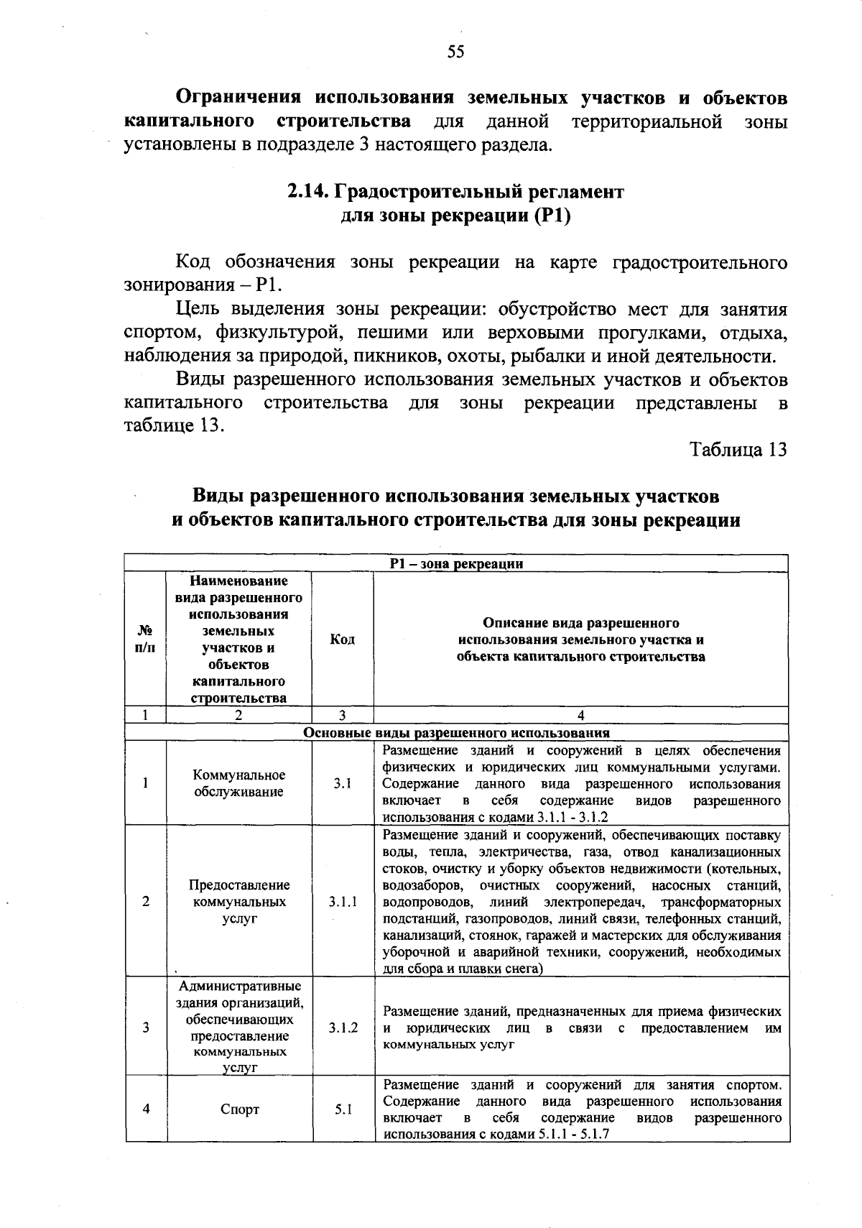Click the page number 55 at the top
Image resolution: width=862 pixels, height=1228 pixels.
pos(456,51)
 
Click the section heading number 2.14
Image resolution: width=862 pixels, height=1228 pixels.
pos(308,192)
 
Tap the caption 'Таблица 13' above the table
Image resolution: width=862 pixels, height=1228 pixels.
pos(738,449)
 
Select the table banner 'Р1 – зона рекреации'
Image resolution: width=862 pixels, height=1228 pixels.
pos(456,564)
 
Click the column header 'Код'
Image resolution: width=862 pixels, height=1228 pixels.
pos(342,640)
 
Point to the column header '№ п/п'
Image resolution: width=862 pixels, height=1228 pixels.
pos(145,640)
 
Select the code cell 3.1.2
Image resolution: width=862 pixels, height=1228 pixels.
pos(343,1028)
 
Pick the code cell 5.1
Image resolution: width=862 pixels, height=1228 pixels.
pos(343,1109)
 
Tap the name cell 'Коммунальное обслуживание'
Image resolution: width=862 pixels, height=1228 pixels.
pos(239,783)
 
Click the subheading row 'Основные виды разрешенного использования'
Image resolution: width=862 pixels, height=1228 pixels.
pos(456,734)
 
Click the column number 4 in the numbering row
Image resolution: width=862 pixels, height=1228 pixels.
pos(580,716)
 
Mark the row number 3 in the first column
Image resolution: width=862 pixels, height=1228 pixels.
pos(146,1028)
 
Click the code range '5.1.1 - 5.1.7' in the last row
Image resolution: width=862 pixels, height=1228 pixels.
pos(573,1135)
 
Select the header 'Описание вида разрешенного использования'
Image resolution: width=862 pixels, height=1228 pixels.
pos(580,640)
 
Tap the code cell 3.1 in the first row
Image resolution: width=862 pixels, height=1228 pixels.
pos(343,784)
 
